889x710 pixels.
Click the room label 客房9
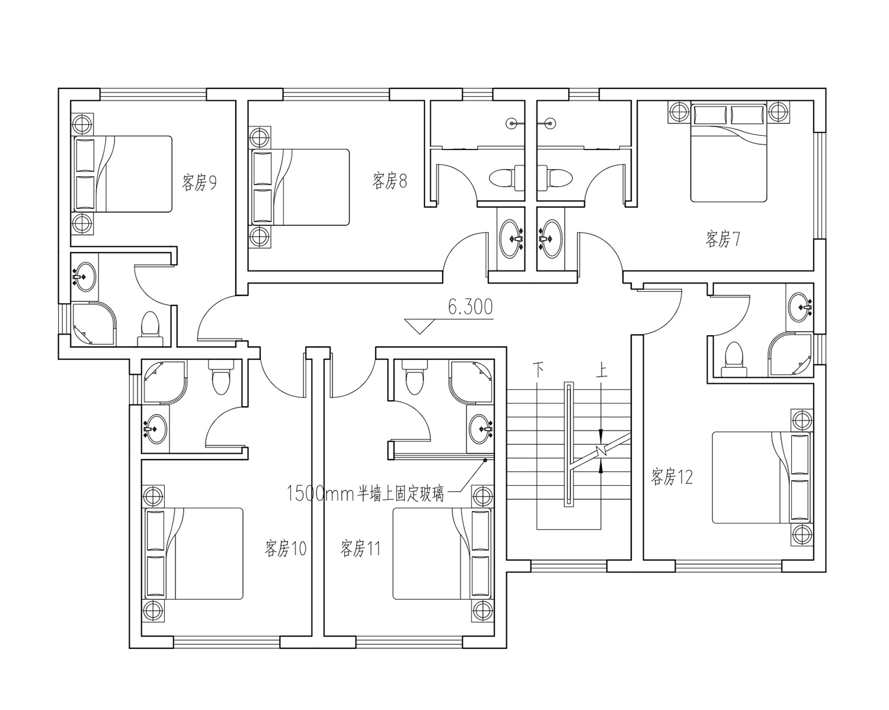[x=199, y=182]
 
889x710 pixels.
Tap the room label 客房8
[x=389, y=181]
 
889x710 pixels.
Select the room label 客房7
[x=723, y=239]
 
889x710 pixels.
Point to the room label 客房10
[x=286, y=548]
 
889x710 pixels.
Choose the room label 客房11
[x=360, y=548]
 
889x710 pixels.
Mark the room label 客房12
[x=671, y=476]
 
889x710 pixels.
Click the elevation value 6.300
[x=471, y=307]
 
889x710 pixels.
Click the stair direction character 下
[x=538, y=370]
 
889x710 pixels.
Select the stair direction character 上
[x=602, y=370]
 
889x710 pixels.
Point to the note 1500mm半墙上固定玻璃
[x=365, y=494]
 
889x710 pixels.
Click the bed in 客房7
[x=729, y=152]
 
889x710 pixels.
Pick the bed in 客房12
[x=762, y=477]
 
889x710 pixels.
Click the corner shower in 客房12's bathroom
[x=790, y=354]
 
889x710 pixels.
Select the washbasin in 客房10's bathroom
[x=156, y=429]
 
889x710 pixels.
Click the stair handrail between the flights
[x=569, y=444]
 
